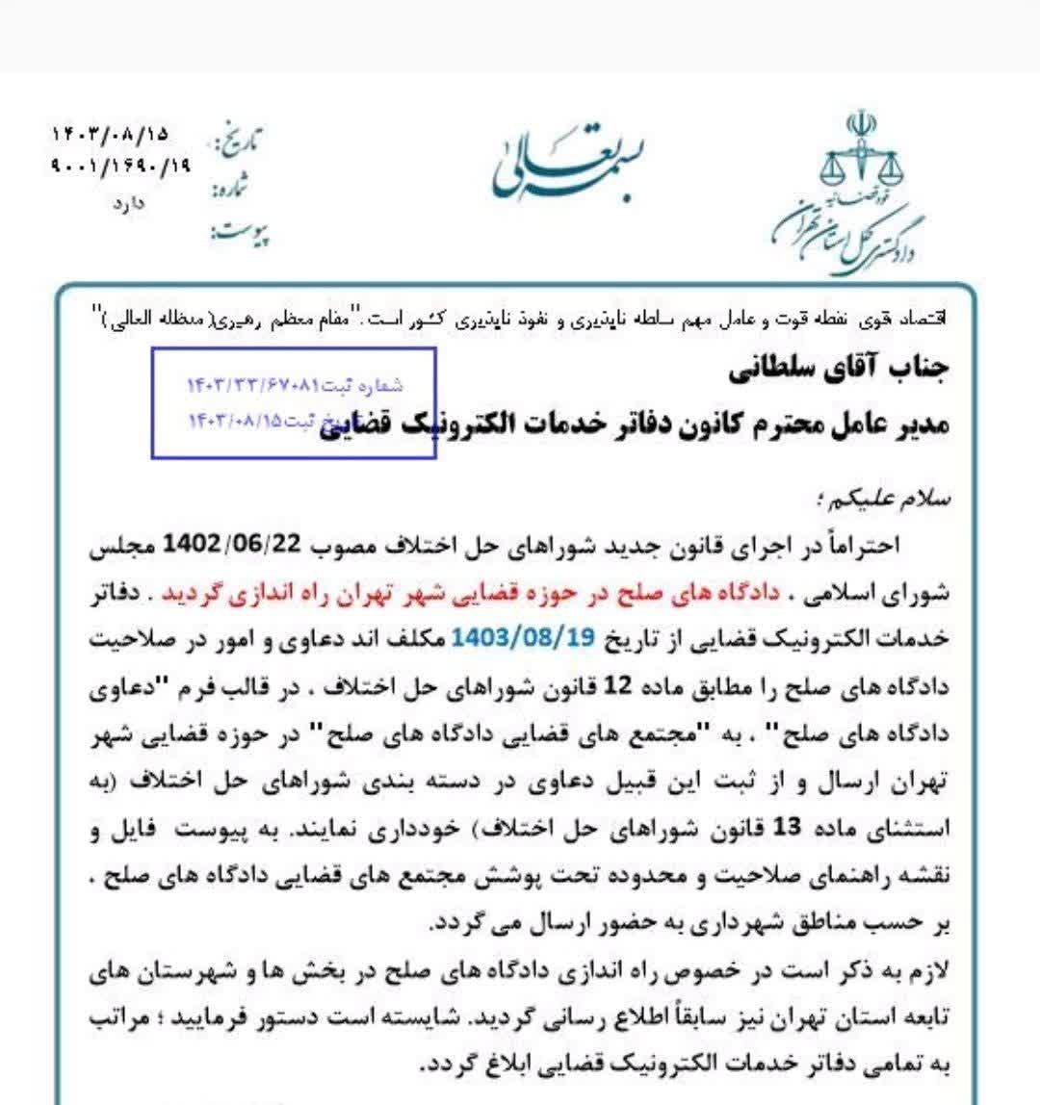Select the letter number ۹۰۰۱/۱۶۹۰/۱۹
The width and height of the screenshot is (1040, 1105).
click(120, 166)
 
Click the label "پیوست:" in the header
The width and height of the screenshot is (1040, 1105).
click(239, 233)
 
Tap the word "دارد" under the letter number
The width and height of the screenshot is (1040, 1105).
click(126, 203)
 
